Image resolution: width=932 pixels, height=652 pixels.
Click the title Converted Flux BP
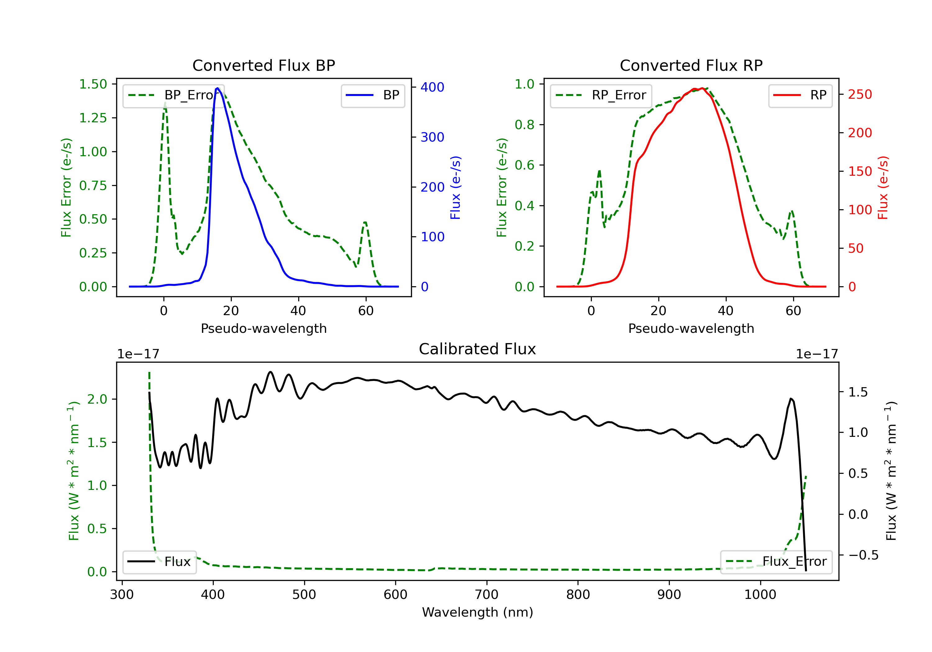tap(263, 65)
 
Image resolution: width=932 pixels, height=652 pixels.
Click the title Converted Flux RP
tap(691, 65)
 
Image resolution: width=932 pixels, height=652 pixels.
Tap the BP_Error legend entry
tap(173, 95)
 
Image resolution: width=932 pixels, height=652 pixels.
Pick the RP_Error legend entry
tap(601, 95)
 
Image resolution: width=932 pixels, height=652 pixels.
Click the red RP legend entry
tap(800, 95)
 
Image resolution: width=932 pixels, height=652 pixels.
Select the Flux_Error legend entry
tap(776, 562)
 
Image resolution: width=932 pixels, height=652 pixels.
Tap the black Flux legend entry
tap(160, 562)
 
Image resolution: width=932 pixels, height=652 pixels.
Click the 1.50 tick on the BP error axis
tap(93, 84)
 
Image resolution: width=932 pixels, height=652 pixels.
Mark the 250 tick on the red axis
tap(860, 94)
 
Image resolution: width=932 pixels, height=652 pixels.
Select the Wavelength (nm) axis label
tap(477, 612)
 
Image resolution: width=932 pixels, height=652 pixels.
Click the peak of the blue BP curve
tap(217, 88)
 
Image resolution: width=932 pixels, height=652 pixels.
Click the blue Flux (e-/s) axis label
tap(455, 188)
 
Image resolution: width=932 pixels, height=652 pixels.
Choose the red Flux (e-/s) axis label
tap(883, 188)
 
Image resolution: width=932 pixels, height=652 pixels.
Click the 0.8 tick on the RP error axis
tap(524, 125)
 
